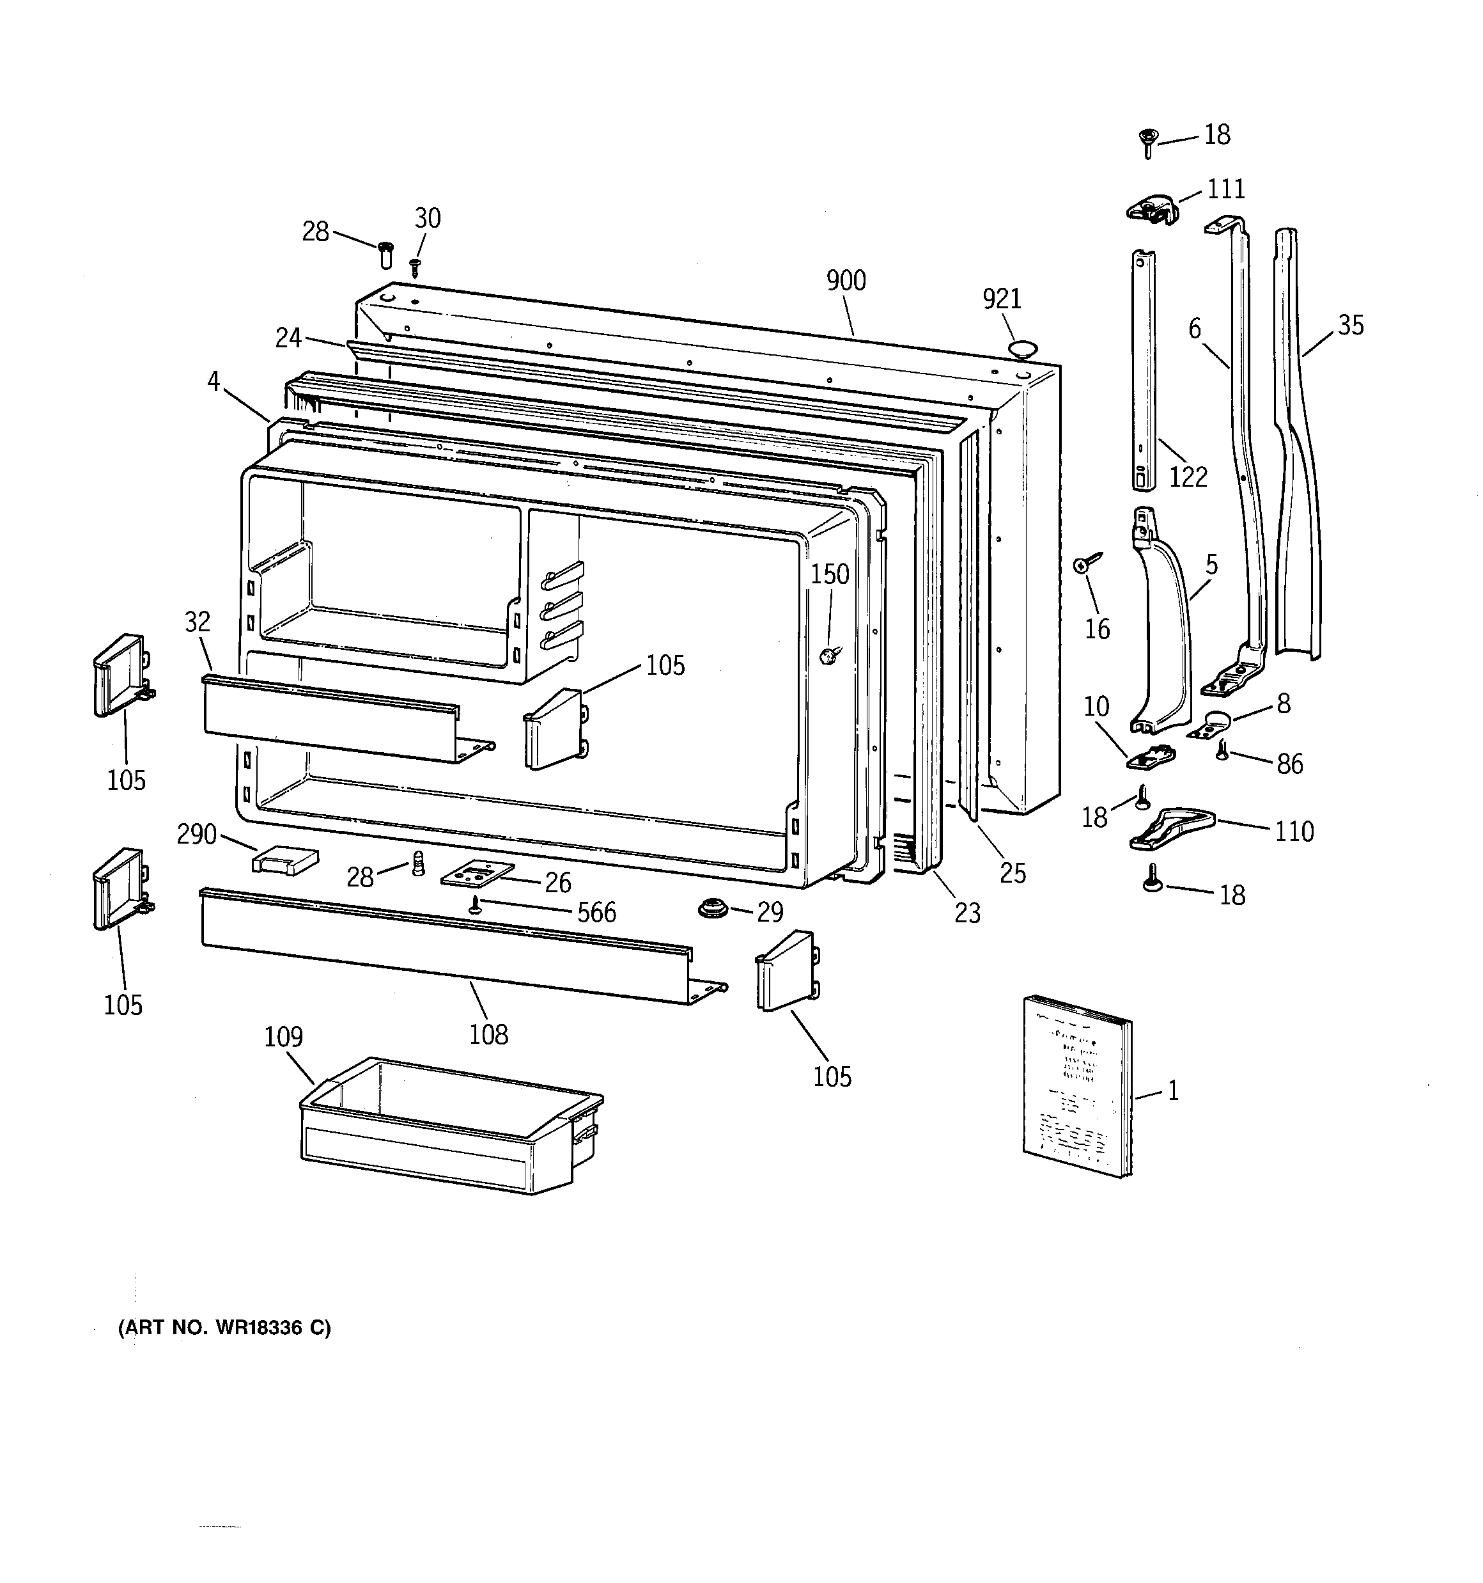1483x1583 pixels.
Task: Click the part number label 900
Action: [x=846, y=280]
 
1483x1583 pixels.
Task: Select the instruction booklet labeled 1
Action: [x=1077, y=1085]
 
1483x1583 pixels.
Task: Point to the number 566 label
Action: [x=596, y=911]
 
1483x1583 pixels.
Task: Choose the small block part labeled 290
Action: [x=285, y=860]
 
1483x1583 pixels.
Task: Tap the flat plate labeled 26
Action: [x=478, y=874]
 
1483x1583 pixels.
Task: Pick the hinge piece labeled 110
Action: [x=1171, y=828]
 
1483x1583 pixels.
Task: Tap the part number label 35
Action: [x=1350, y=325]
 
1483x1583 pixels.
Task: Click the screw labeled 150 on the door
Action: [x=828, y=656]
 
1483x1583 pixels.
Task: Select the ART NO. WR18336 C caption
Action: [x=224, y=1327]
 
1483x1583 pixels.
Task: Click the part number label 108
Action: [x=488, y=1034]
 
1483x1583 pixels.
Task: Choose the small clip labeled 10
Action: [x=1152, y=757]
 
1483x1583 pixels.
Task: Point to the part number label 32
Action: [x=198, y=621]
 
